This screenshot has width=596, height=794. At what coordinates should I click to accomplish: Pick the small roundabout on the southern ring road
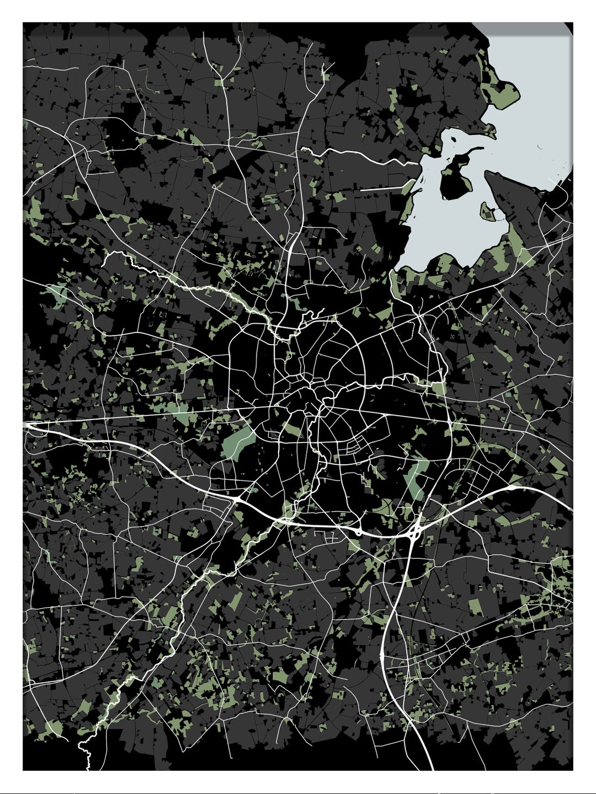tap(358, 532)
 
